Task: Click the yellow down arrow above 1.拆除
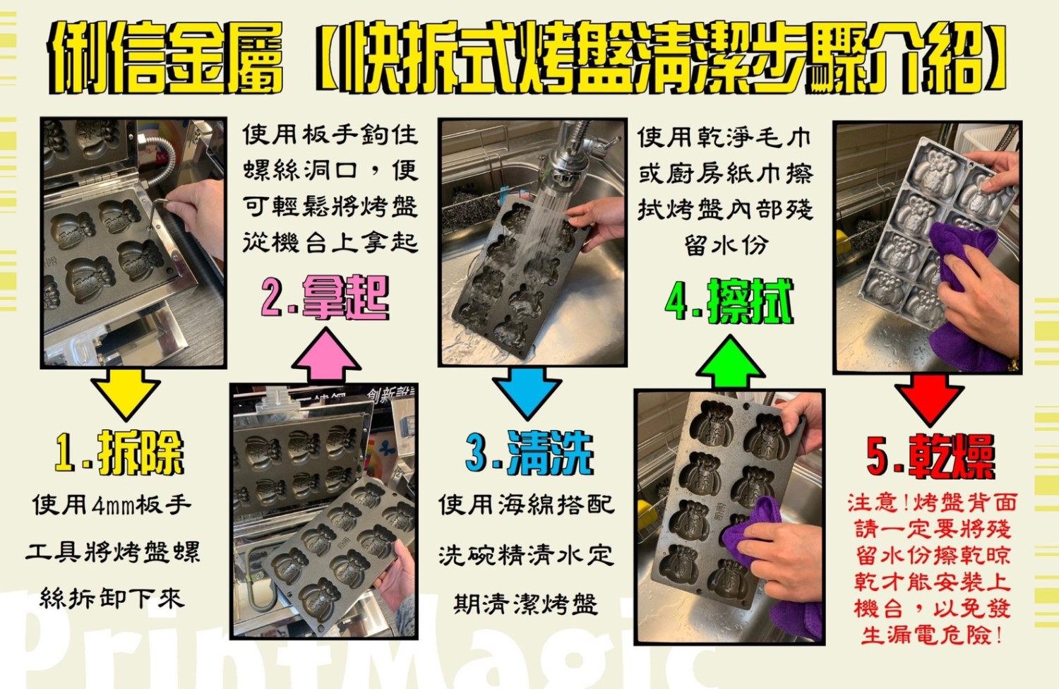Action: [x=125, y=393]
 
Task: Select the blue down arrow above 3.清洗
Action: [x=527, y=393]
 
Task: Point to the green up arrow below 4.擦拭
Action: [x=731, y=362]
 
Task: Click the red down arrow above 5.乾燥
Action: [x=929, y=400]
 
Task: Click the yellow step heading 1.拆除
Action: [x=119, y=453]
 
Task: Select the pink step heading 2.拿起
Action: [x=325, y=298]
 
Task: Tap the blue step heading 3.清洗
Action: [x=529, y=453]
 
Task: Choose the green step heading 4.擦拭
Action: [x=729, y=301]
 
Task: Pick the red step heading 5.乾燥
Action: [x=931, y=457]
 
